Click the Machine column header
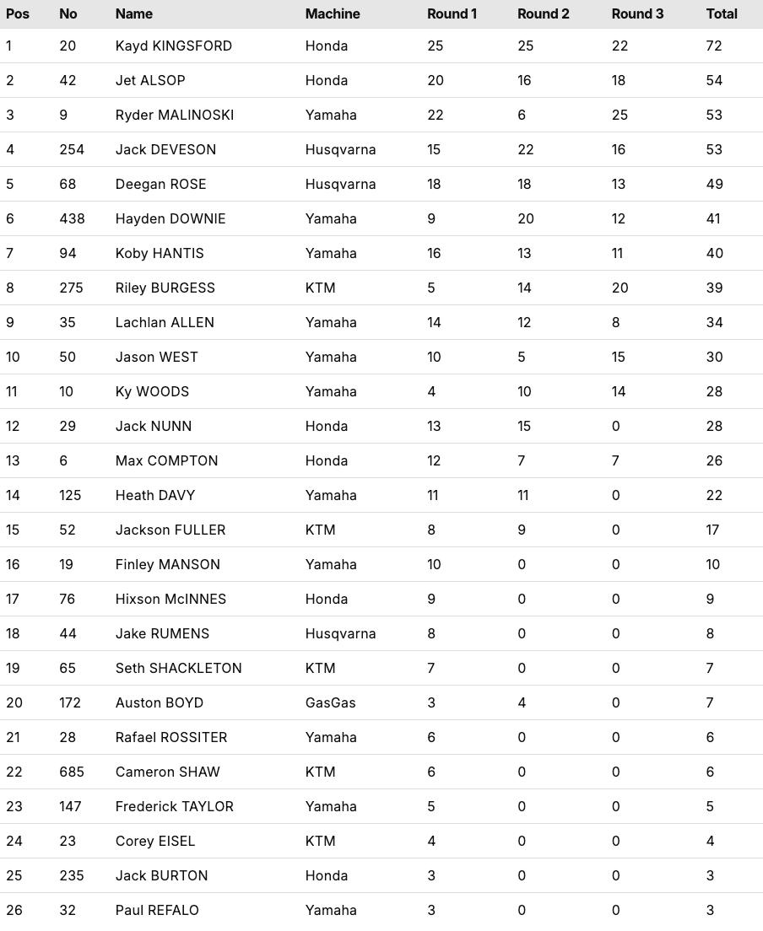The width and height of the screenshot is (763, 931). [x=333, y=13]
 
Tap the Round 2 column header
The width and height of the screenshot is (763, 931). [x=543, y=13]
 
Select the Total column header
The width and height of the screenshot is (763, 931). [x=722, y=13]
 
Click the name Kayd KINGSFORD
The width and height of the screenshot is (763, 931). [x=174, y=46]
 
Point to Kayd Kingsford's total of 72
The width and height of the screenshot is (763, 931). [x=714, y=46]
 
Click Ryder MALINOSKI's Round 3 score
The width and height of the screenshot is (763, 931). [x=620, y=115]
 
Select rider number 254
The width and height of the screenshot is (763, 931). [x=72, y=149]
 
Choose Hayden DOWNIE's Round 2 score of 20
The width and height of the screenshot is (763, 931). [x=526, y=218]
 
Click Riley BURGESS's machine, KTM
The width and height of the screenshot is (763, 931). [x=320, y=288]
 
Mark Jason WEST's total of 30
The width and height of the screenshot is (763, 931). [x=714, y=357]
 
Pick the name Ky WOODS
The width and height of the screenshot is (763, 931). [x=152, y=391]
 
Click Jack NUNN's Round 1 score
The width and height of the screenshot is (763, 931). [x=434, y=426]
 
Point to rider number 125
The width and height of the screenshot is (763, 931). [x=70, y=495]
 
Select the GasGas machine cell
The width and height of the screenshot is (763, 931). [x=330, y=702]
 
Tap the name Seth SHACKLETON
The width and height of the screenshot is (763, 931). [x=178, y=668]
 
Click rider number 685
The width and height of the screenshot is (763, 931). [x=72, y=772]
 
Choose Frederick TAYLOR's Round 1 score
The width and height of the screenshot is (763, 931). [x=431, y=806]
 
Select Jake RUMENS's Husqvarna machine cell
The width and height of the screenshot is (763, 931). [x=340, y=633]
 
